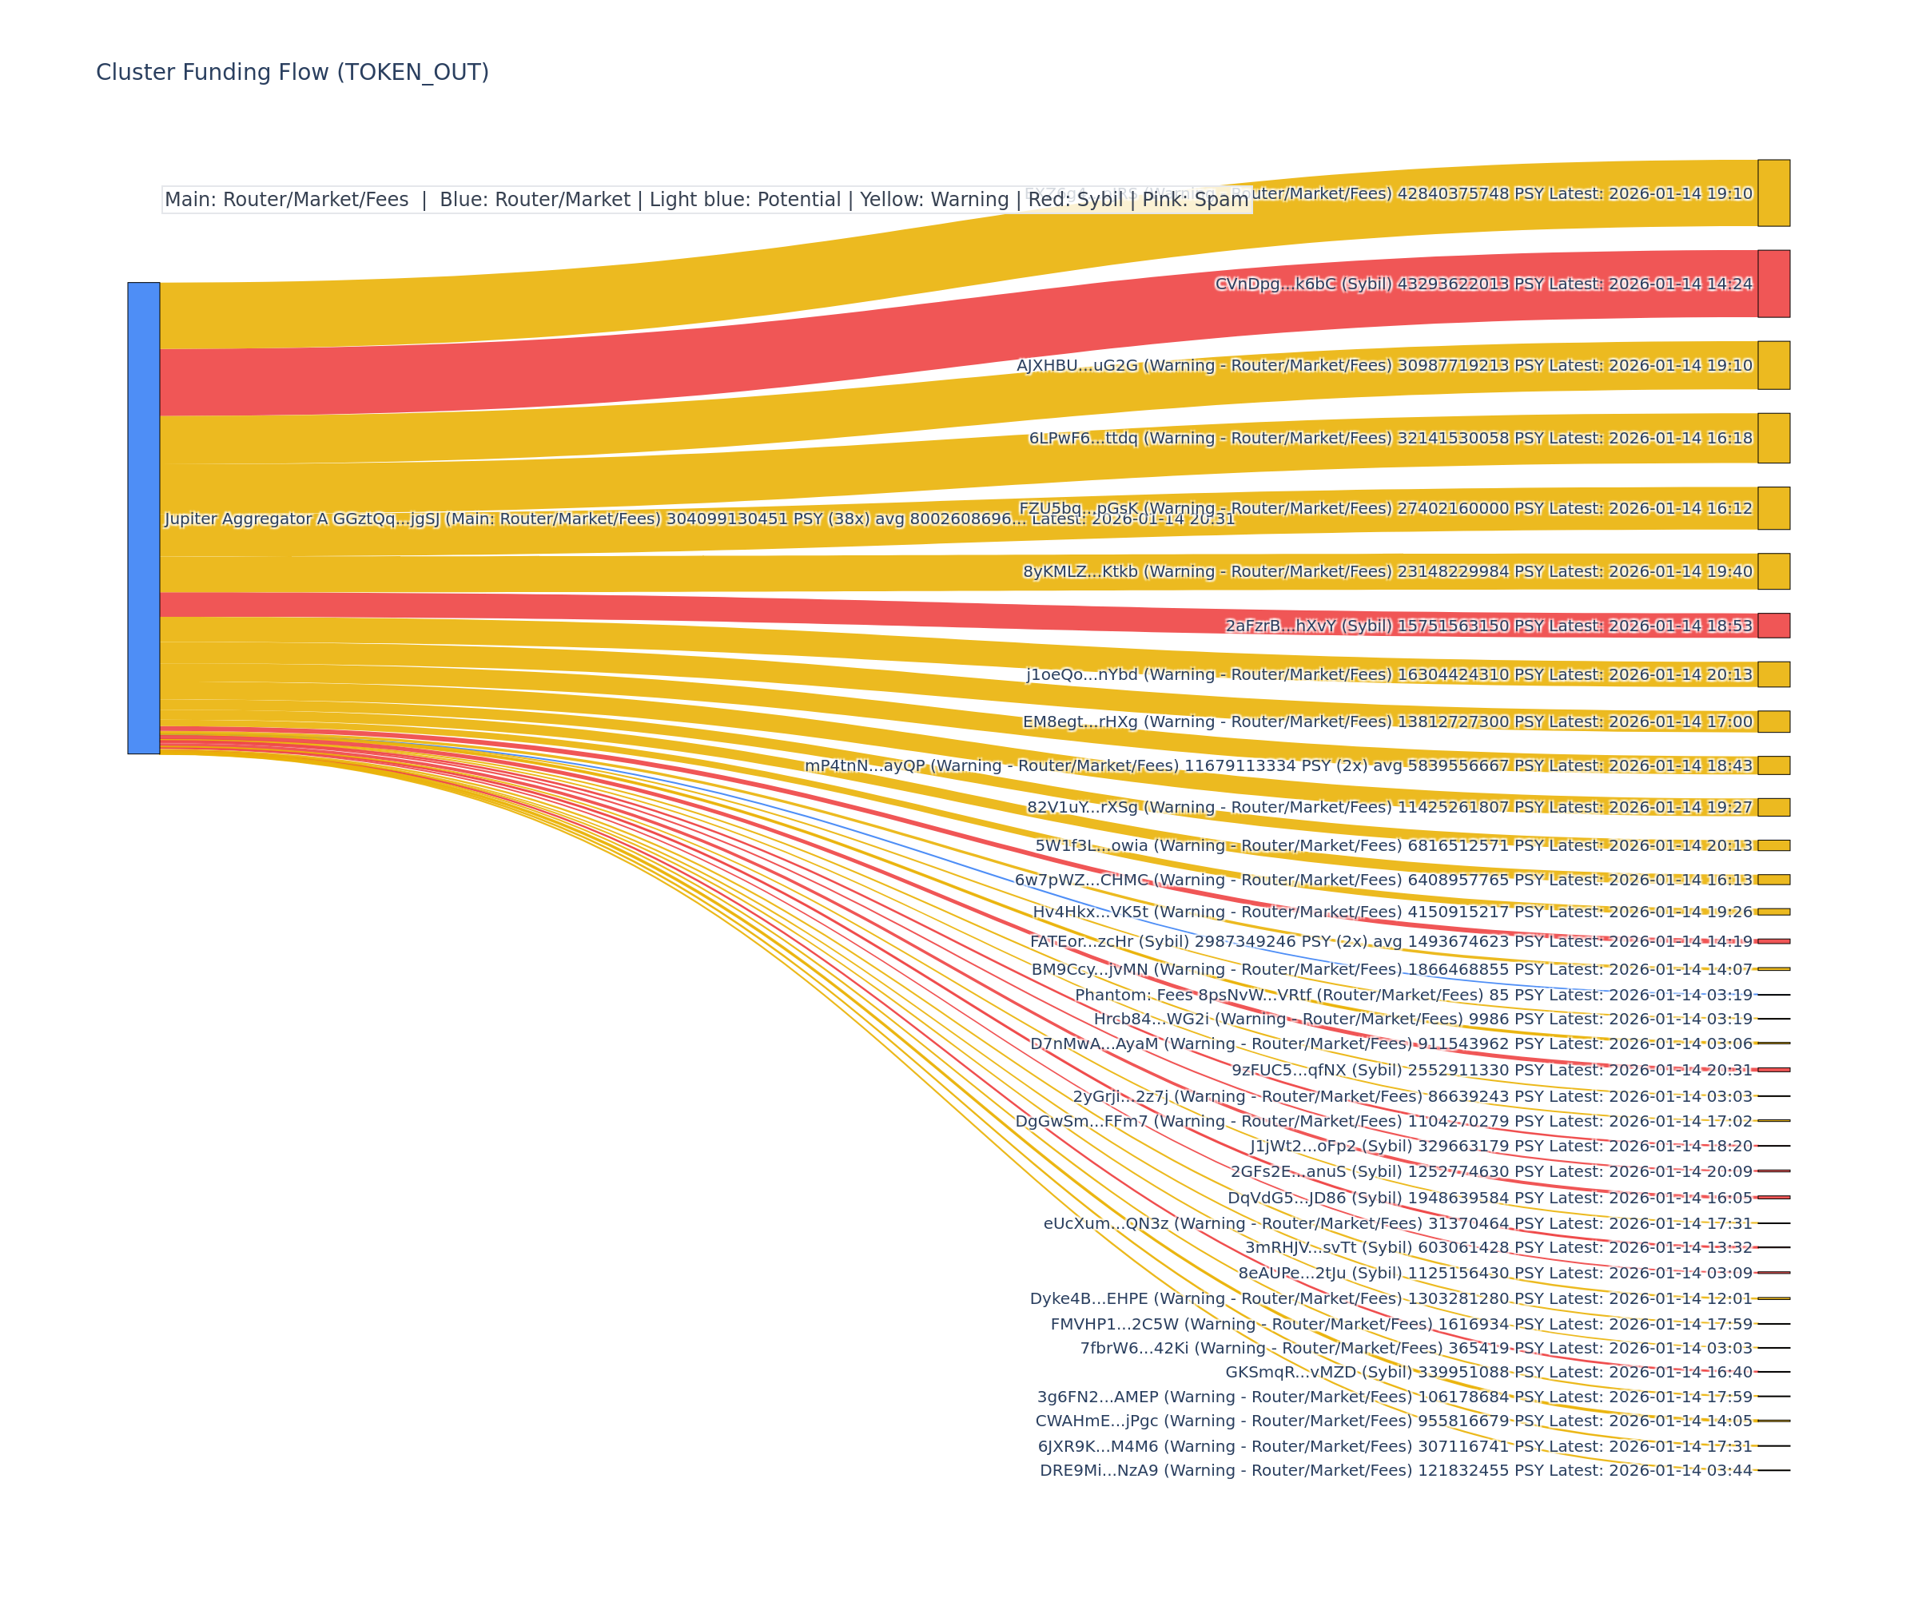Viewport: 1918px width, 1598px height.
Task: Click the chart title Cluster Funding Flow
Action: point(292,72)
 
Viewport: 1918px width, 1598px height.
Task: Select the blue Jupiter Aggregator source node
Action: point(143,518)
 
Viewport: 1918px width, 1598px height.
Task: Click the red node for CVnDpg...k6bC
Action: point(1773,284)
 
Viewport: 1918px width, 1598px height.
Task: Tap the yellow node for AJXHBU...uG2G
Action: point(1773,365)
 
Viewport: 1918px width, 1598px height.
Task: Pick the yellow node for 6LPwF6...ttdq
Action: point(1773,439)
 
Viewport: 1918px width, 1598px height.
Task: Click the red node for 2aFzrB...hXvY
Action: point(1773,626)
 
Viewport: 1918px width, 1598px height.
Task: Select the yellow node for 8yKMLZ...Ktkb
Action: point(1773,571)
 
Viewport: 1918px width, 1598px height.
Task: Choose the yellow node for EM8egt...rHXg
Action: point(1773,721)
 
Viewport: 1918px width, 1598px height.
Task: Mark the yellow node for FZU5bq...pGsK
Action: point(1773,509)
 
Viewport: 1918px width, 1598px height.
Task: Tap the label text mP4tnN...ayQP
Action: point(865,765)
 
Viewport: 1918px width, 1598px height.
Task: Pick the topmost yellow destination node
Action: point(1773,193)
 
